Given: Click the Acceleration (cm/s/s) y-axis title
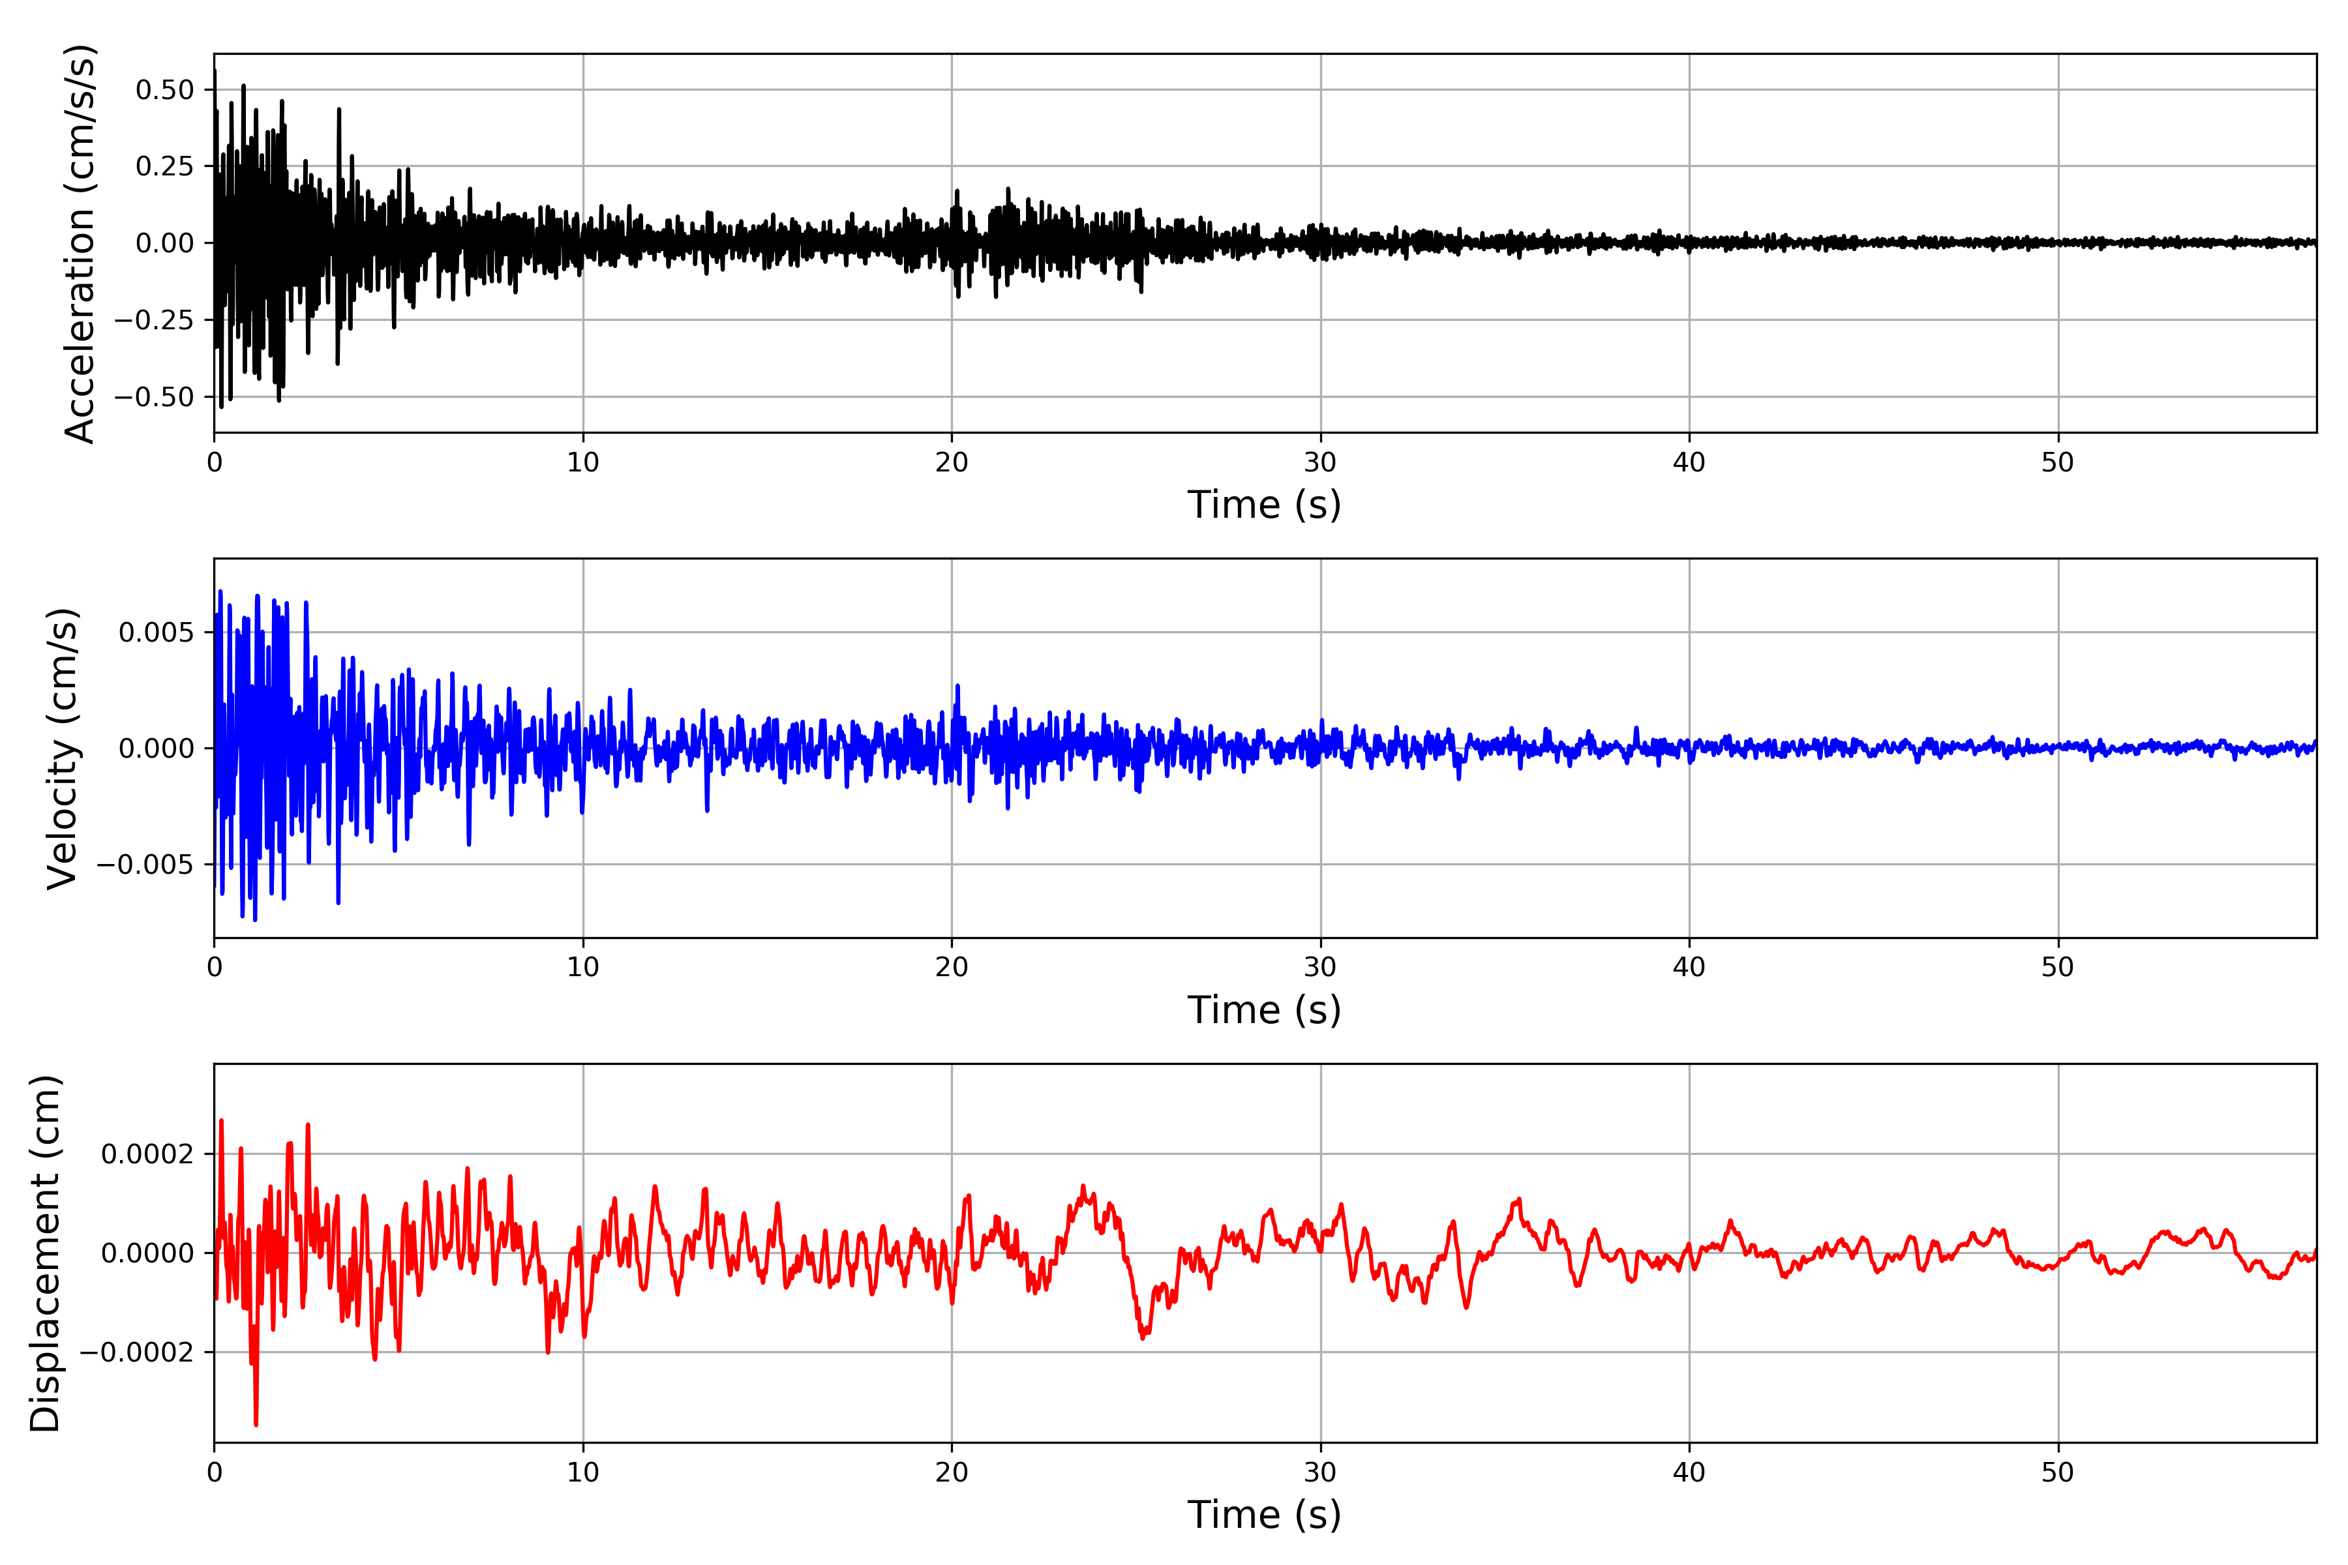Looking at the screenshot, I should coord(80,243).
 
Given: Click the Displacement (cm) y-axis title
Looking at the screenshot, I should coord(45,1253).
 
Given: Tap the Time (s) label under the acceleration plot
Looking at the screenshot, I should coord(1264,505).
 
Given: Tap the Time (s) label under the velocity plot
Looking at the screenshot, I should coord(1264,1010).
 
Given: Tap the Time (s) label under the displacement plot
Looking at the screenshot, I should coord(1264,1515).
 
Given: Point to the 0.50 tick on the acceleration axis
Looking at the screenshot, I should coord(165,90).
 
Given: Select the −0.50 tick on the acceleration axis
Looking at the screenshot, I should coord(154,397).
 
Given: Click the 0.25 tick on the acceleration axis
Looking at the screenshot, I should coord(165,167).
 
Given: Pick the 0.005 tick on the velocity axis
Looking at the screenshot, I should coord(156,633).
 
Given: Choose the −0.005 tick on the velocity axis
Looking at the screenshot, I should coord(145,865).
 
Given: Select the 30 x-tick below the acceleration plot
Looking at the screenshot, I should coord(1319,463).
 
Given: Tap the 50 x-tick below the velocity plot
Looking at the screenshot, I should coord(2058,967).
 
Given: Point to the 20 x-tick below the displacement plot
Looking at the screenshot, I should coord(952,1472).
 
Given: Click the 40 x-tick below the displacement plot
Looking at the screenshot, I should coord(1689,1472).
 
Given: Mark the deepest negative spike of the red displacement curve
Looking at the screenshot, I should coord(256,1424).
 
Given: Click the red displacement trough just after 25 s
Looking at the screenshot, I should coord(1143,1337).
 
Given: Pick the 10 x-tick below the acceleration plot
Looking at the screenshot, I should coord(583,463).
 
